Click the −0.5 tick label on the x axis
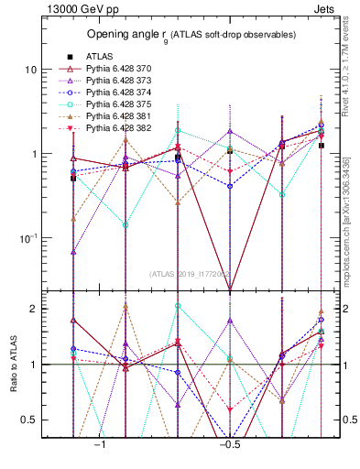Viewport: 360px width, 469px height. tap(228, 443)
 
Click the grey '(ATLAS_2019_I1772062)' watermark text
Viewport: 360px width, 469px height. tap(191, 273)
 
